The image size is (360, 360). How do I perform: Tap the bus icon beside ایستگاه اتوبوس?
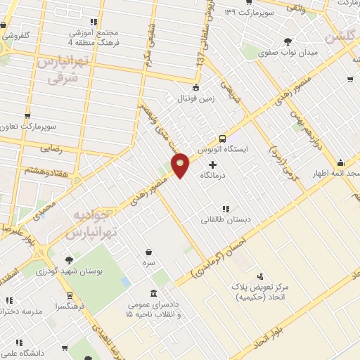(222, 139)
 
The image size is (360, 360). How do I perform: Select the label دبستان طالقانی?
(221, 220)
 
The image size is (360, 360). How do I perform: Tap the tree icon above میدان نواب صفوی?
(288, 41)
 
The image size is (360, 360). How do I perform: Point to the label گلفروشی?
(14, 34)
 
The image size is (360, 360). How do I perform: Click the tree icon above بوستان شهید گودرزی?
(69, 259)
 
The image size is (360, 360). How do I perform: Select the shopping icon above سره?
(148, 251)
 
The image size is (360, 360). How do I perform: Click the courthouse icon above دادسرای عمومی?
(154, 293)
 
